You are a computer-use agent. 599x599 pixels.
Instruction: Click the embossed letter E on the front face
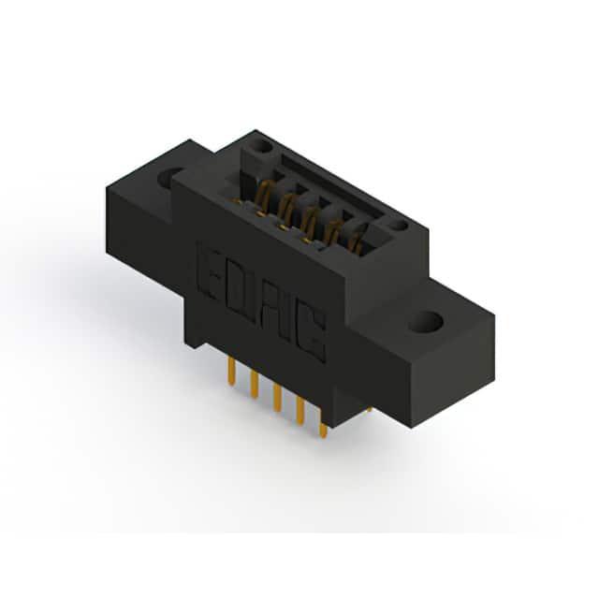211,273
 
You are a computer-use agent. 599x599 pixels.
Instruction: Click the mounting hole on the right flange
427,322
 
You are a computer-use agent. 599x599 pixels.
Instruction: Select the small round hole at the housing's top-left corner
262,146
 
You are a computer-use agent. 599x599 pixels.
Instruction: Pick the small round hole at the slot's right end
399,226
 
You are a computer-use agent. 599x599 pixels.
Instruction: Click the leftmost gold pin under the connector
231,371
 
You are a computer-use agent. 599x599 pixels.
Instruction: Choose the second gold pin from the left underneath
254,385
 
